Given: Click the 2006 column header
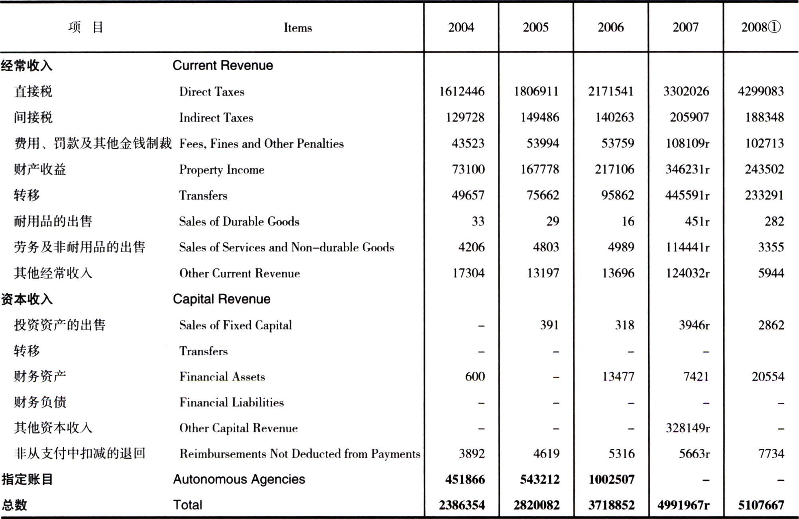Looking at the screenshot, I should [x=610, y=27].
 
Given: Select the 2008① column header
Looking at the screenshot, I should [x=760, y=27].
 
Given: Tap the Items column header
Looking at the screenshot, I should [x=298, y=28].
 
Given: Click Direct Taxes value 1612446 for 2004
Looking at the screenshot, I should [x=462, y=91].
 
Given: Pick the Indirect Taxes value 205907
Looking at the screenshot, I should [x=689, y=117].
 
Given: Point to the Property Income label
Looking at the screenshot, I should [x=222, y=170].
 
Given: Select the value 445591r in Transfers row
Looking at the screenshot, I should [x=687, y=195].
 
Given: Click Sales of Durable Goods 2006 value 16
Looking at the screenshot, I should [x=628, y=221].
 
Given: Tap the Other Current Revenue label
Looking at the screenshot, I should [x=240, y=273].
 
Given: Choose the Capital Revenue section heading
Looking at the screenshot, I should [x=222, y=299].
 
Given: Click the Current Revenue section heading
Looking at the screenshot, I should [x=223, y=65].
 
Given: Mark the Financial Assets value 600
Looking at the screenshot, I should [x=475, y=376].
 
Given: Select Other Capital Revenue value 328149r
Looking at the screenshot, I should [x=688, y=428].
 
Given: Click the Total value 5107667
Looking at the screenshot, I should [x=761, y=505].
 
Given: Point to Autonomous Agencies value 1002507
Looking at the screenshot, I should [x=611, y=479].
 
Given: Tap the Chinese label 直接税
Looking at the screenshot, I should [x=33, y=91].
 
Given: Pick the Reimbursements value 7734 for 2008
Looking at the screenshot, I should [x=771, y=454].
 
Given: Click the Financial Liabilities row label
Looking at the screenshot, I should [x=232, y=402].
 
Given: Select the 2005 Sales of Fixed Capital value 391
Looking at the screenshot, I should [x=549, y=325].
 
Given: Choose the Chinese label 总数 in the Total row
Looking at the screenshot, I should [x=14, y=505].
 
